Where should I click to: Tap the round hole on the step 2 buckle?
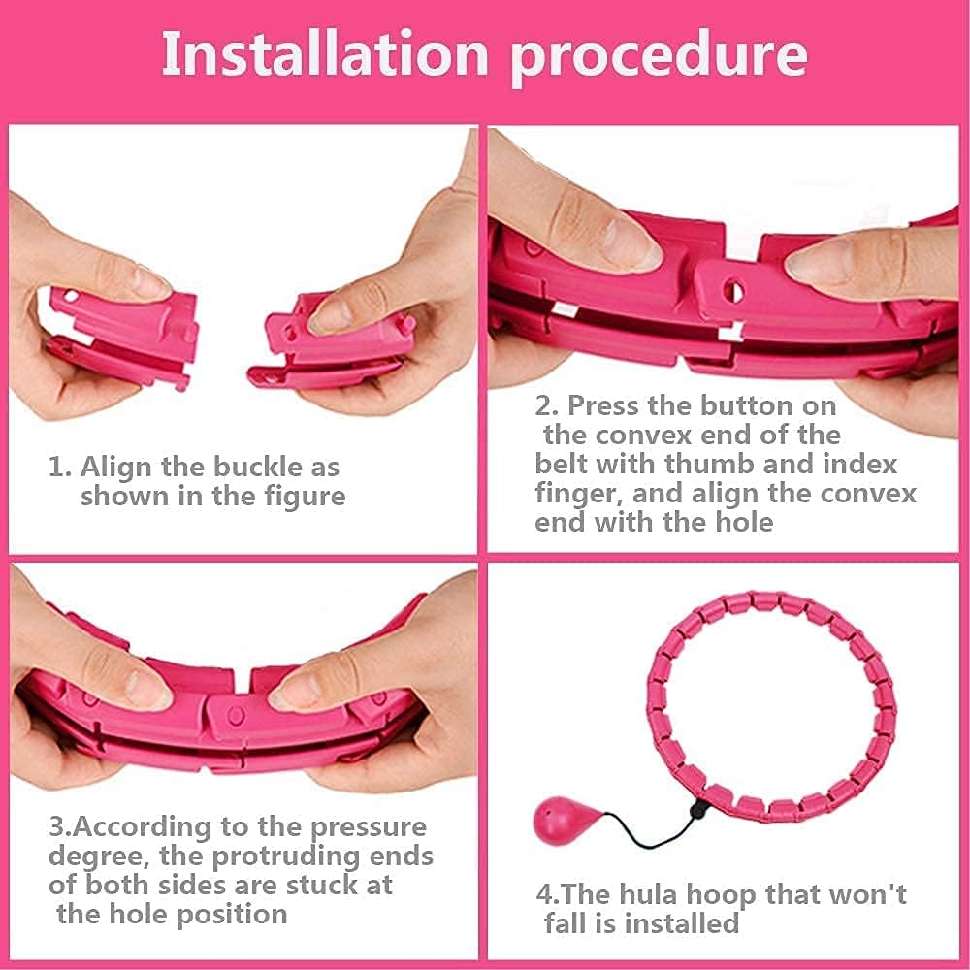pos(734,291)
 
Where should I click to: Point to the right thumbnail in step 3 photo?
pos(292,694)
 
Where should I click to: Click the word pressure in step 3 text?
pos(369,827)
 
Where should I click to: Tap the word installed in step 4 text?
pos(679,922)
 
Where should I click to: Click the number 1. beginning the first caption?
pos(60,467)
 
